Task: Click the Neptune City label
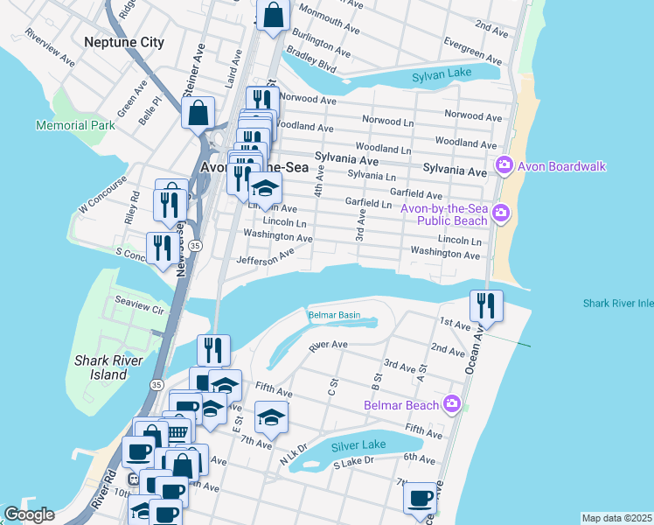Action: pos(124,42)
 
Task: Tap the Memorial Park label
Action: pos(75,125)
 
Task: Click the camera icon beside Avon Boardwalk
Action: pos(504,165)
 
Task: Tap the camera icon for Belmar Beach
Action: pos(451,403)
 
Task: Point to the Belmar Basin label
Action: pos(333,315)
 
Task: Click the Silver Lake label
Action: pos(359,444)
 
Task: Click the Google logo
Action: pos(29,514)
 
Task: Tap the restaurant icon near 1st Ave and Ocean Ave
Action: pos(486,305)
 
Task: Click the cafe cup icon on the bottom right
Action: pos(420,498)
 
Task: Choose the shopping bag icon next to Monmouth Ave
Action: pos(273,15)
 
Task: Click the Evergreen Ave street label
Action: pos(472,52)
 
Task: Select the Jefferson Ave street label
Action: pos(265,257)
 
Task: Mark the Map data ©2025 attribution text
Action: pos(616,518)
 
